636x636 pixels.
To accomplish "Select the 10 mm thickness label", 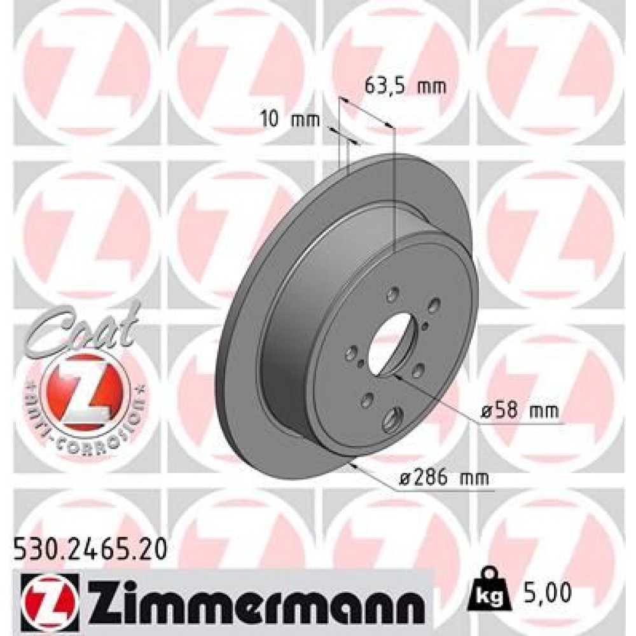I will (289, 118).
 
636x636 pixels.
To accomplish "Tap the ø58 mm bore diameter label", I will (516, 411).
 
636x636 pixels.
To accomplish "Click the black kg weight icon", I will (487, 591).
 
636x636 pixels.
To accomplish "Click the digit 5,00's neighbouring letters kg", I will (487, 595).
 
